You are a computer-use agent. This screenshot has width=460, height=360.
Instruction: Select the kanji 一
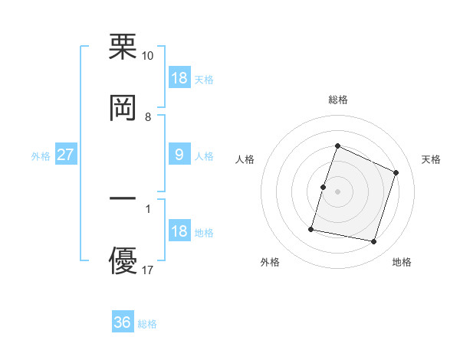point(123,198)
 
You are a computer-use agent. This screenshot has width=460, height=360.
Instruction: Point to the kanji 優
point(123,260)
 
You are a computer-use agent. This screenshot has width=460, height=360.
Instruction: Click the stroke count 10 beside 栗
point(148,56)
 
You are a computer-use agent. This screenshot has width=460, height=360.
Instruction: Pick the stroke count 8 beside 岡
point(148,116)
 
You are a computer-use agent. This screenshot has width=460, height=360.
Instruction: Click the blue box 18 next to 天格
point(179,77)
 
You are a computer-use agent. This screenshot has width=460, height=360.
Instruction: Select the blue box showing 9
point(179,155)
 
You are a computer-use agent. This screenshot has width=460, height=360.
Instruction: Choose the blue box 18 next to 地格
point(179,231)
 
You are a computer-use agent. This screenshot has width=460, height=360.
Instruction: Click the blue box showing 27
point(66,155)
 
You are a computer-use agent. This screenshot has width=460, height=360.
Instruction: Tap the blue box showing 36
point(123,322)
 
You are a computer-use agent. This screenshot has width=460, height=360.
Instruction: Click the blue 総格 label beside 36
point(147,324)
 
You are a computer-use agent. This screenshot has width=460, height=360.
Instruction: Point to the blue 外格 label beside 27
point(40,156)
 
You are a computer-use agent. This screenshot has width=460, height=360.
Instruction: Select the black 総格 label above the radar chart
point(337,100)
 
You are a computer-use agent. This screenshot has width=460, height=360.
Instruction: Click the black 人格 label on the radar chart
point(245,159)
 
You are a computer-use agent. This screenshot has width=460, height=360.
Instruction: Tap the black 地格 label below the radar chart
point(402,262)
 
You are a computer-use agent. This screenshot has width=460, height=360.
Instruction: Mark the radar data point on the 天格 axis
point(396,172)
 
